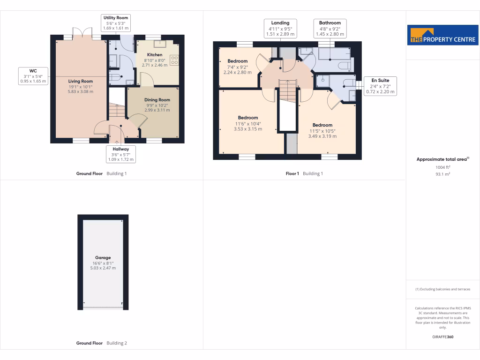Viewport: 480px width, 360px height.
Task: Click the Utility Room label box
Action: click(x=116, y=23)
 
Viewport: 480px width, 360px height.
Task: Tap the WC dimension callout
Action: click(x=33, y=76)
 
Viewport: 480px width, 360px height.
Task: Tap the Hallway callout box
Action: click(x=120, y=154)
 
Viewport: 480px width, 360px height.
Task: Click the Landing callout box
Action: click(x=280, y=28)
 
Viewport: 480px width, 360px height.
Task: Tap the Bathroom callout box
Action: click(x=330, y=28)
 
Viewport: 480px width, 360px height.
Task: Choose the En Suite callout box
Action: click(x=380, y=86)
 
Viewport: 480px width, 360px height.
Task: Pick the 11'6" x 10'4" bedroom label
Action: click(x=247, y=123)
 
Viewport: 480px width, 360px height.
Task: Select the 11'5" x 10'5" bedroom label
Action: click(x=322, y=130)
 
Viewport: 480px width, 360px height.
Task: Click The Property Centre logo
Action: click(x=443, y=35)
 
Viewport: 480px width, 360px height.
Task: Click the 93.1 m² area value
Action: click(x=443, y=174)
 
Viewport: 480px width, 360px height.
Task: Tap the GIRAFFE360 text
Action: click(x=443, y=337)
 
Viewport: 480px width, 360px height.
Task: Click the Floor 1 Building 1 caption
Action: click(x=304, y=173)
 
